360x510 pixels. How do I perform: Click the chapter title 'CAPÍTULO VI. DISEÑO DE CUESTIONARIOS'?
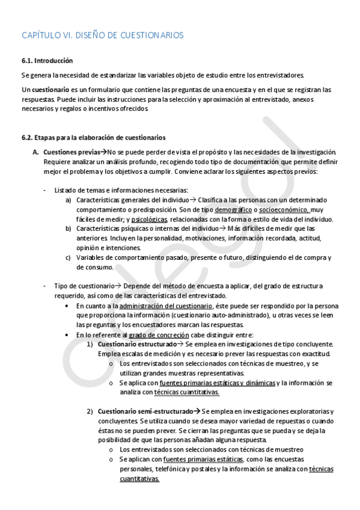coord(102,35)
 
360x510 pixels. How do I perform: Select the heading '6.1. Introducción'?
coord(47,61)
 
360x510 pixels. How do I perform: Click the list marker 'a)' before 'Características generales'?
coord(69,200)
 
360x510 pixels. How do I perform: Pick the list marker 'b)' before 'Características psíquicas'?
coord(69,229)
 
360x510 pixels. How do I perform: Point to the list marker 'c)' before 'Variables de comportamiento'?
coord(69,257)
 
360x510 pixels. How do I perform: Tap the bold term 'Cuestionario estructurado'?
coord(132,344)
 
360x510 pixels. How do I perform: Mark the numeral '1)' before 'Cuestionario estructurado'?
coord(90,344)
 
